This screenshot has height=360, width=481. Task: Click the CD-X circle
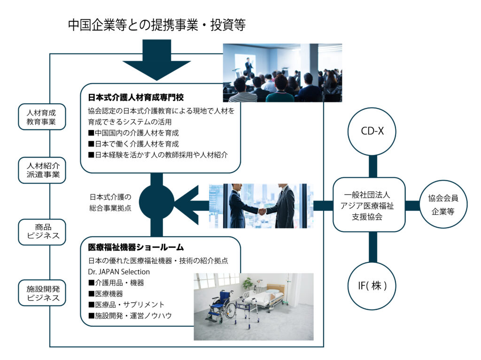[372, 131]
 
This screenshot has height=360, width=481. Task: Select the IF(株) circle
[372, 285]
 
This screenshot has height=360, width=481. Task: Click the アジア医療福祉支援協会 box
[369, 205]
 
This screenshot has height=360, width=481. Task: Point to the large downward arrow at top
[156, 61]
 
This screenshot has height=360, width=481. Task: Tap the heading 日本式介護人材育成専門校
[136, 98]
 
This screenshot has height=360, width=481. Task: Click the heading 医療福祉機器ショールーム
[136, 247]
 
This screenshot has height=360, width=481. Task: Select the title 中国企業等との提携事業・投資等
[156, 25]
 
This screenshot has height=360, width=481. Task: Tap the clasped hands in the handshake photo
[262, 211]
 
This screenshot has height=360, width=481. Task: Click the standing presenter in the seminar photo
[248, 66]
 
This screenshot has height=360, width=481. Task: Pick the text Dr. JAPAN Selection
[119, 271]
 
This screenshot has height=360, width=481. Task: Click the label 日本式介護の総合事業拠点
[110, 202]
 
